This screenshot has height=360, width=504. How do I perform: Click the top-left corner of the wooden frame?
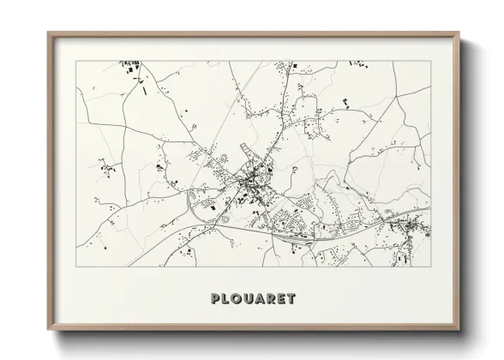coord(48,33)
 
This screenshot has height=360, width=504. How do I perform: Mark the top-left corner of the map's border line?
coord(75,61)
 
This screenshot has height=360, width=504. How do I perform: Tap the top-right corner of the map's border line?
coord(430,61)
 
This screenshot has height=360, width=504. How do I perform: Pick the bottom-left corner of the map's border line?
coord(75,266)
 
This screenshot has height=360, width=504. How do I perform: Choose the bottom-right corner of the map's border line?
coord(430,266)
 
